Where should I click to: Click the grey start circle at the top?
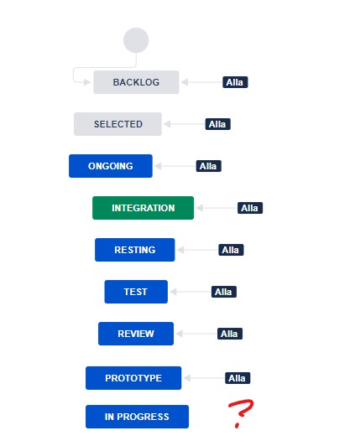136,40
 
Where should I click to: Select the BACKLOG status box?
136,82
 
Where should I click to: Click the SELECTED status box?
117,124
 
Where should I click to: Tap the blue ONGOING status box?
111,166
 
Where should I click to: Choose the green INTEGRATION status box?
143,208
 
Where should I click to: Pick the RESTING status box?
135,250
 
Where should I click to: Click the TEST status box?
136,292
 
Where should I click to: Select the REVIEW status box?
136,334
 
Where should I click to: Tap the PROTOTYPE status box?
133,378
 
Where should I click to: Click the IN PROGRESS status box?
137,417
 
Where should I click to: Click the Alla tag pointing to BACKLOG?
235,82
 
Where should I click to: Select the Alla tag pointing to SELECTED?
217,124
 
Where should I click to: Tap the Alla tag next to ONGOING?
208,166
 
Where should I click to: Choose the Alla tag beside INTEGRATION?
250,208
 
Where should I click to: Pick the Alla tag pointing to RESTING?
231,250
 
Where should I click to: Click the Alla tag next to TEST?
223,292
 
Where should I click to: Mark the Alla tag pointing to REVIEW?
230,334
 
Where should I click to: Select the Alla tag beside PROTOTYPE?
237,378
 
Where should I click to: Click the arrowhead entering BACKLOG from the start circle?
87,82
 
